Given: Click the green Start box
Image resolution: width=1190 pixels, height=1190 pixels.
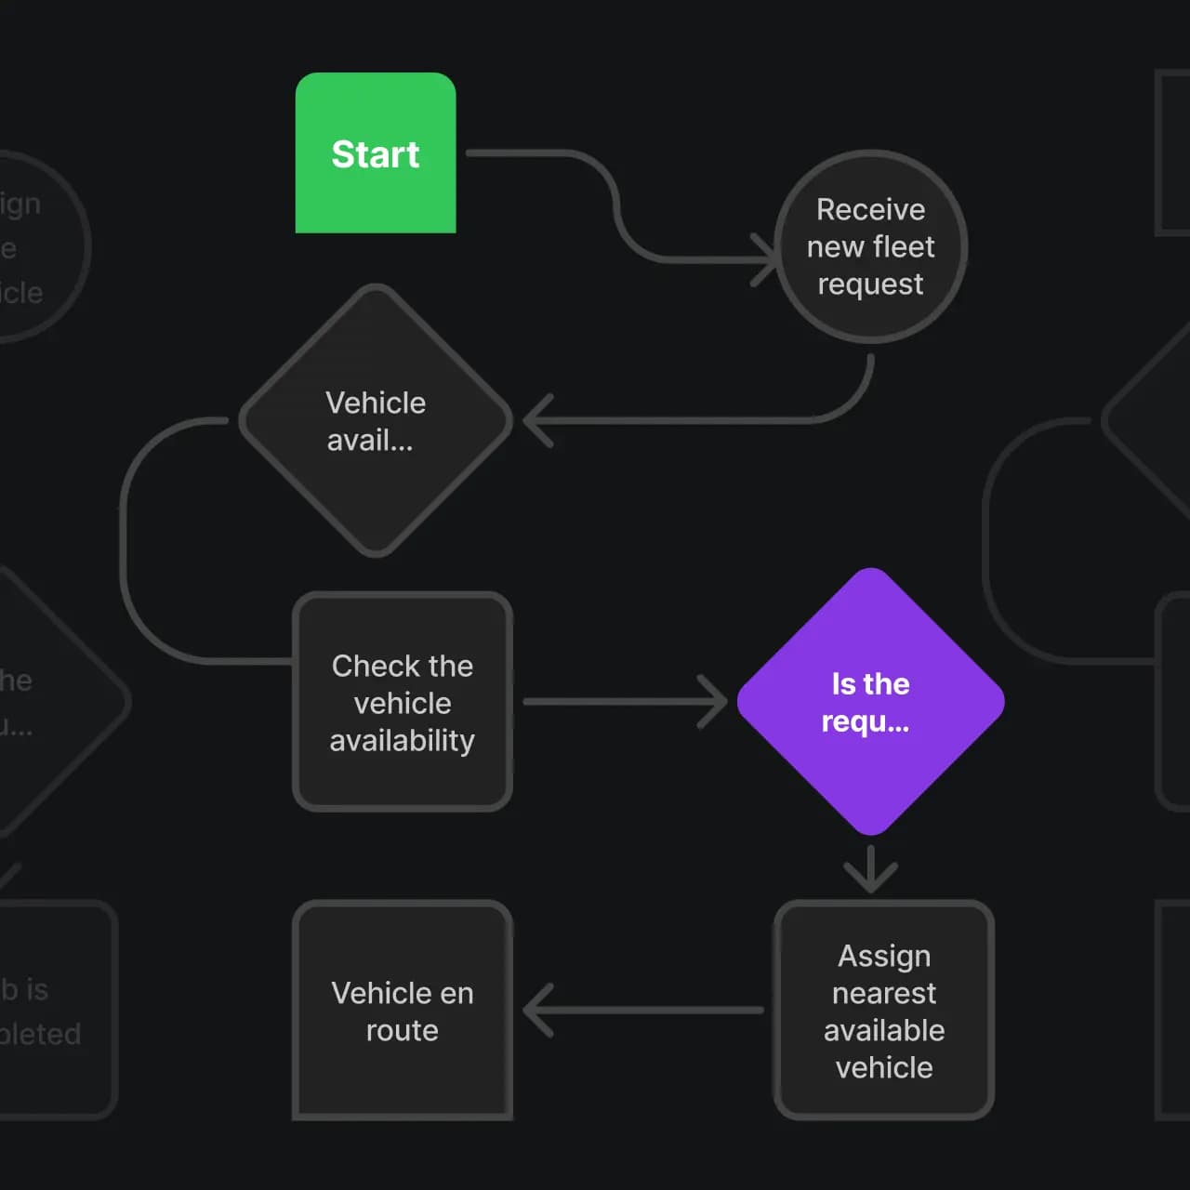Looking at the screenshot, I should tap(376, 152).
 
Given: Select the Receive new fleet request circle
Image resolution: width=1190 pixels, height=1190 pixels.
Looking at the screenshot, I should tap(870, 246).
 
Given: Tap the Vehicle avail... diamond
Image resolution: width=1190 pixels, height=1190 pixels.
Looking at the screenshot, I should tap(376, 420).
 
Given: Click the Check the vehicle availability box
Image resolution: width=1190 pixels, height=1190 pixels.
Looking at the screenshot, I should tap(403, 702).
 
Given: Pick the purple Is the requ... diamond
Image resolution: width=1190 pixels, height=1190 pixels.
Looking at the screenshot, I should tap(870, 702).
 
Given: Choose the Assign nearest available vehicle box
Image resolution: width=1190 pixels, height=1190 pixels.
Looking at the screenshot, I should tap(884, 1011).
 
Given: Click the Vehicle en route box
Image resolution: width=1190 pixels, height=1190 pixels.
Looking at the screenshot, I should tap(403, 1011).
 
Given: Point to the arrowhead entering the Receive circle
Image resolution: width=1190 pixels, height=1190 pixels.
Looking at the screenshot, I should tap(766, 259).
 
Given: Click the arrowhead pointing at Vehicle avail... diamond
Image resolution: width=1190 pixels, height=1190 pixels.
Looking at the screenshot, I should tap(537, 420).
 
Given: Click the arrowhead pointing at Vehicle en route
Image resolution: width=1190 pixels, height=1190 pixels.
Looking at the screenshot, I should tap(537, 1010).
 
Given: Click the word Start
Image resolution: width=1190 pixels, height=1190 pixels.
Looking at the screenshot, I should tap(376, 154).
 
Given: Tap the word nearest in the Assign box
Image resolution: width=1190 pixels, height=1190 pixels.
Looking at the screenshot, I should tap(884, 993).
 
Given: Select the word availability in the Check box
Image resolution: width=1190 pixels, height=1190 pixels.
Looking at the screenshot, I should tap(403, 740).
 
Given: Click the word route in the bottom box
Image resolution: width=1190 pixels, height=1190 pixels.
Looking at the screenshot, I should tap(403, 1030).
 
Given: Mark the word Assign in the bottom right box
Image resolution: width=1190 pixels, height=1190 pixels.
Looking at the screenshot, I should tap(884, 956).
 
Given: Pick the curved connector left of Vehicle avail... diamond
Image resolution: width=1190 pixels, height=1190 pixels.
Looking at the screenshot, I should tap(125, 539).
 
